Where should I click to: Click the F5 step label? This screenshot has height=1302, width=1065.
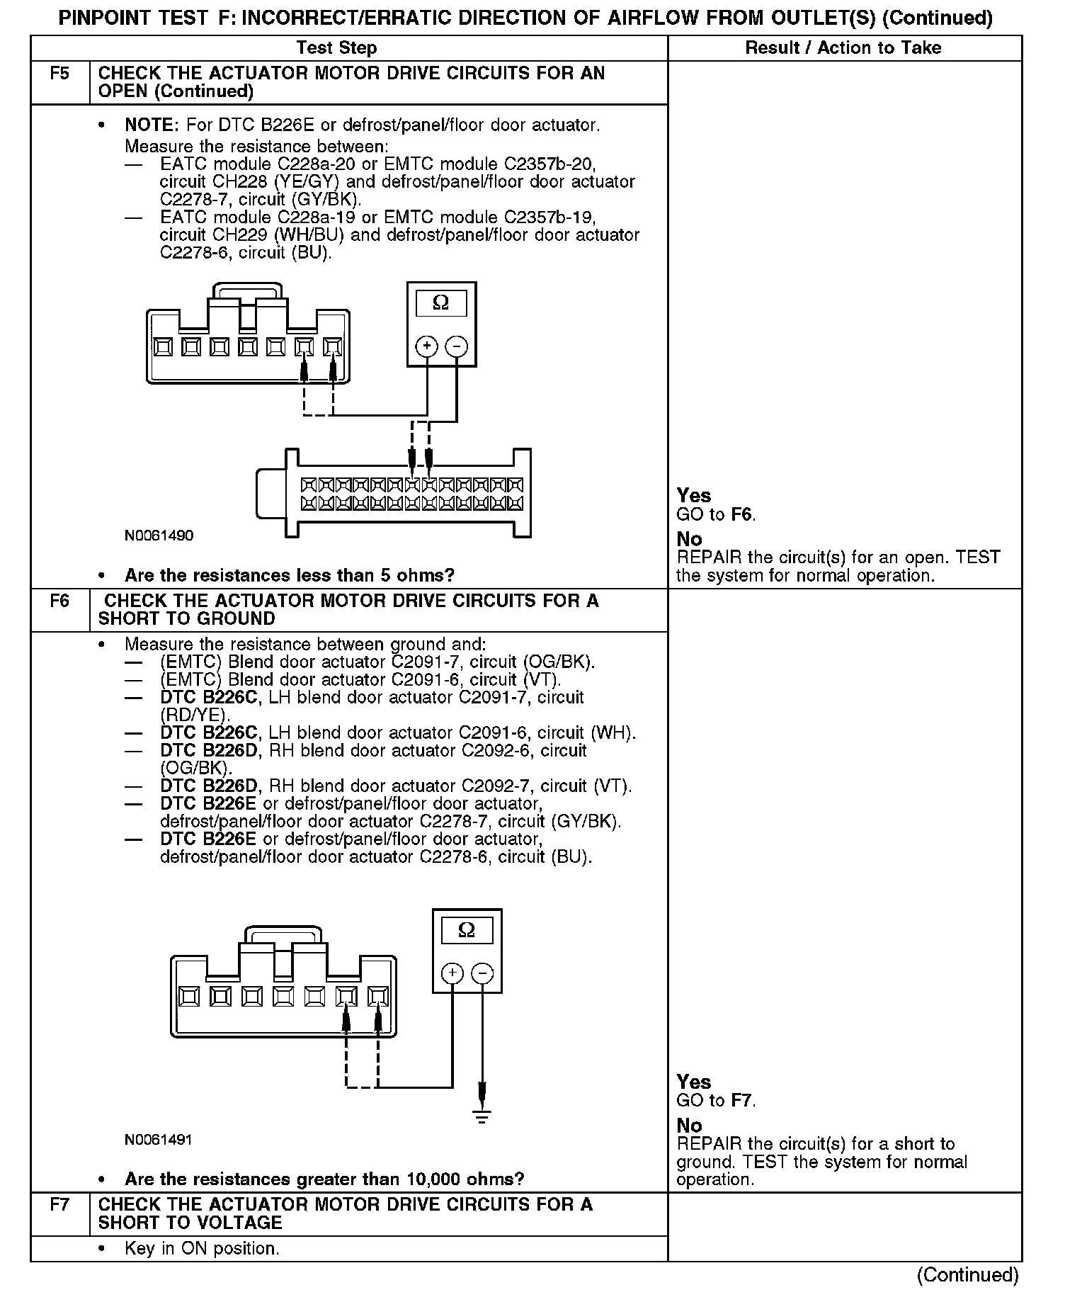click(60, 74)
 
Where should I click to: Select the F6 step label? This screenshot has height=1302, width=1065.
click(60, 601)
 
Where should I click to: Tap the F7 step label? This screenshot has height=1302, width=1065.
click(60, 1205)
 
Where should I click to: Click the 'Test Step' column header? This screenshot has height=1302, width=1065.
click(336, 48)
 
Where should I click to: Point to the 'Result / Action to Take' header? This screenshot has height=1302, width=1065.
click(843, 48)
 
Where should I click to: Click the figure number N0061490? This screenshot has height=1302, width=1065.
click(159, 536)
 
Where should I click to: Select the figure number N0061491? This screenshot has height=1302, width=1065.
click(159, 1140)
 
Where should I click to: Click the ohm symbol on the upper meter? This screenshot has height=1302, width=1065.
click(440, 303)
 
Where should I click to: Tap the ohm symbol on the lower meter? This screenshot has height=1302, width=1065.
click(467, 930)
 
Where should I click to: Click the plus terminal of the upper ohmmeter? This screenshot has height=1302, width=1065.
click(426, 346)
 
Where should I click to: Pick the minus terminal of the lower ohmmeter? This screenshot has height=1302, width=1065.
click(482, 973)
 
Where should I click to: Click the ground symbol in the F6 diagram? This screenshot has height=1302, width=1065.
click(482, 1117)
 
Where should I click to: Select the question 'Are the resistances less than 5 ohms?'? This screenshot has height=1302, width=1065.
click(289, 575)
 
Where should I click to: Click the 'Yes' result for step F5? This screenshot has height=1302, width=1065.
click(693, 495)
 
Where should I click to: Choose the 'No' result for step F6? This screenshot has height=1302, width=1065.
click(689, 1125)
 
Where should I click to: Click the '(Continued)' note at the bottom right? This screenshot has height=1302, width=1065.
click(967, 1274)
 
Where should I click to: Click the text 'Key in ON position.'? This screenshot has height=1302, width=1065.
click(202, 1248)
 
